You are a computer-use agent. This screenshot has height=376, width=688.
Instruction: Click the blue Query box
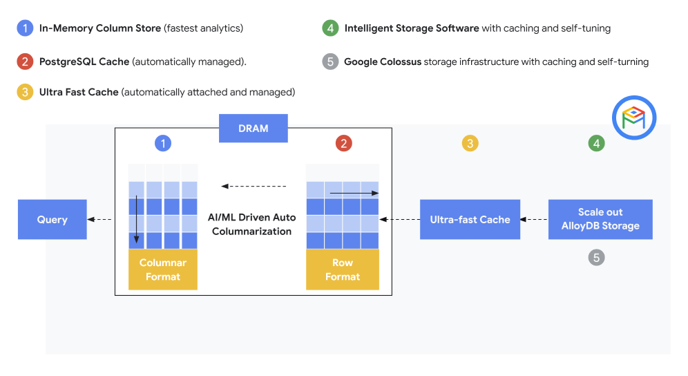52,220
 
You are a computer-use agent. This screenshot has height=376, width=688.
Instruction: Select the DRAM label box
253,129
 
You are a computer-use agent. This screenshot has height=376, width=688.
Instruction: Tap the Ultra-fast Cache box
470,220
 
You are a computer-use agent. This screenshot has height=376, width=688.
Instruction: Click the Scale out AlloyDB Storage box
600,220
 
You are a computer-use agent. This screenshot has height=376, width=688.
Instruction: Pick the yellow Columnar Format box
162,270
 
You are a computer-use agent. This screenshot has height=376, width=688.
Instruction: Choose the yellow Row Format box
343,270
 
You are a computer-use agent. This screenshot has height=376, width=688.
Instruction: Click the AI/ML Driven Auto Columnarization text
251,225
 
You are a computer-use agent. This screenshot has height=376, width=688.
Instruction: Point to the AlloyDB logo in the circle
633,118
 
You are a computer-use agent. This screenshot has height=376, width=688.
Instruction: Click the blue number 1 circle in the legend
25,28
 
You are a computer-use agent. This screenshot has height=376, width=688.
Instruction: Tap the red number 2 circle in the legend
25,62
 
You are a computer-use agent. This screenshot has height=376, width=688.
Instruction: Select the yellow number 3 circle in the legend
25,92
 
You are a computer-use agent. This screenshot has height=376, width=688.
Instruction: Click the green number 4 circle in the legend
330,28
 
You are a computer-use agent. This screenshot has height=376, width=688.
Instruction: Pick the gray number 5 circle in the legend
330,62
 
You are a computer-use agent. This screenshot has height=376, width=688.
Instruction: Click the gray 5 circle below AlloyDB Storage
596,258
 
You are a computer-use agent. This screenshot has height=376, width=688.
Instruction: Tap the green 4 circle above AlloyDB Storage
596,144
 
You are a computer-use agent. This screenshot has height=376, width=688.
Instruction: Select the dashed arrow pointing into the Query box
100,220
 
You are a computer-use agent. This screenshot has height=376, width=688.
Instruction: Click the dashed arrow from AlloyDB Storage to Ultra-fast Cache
534,220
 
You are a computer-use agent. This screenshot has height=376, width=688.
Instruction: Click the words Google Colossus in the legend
382,62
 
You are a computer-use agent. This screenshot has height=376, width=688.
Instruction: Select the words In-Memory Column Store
100,28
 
